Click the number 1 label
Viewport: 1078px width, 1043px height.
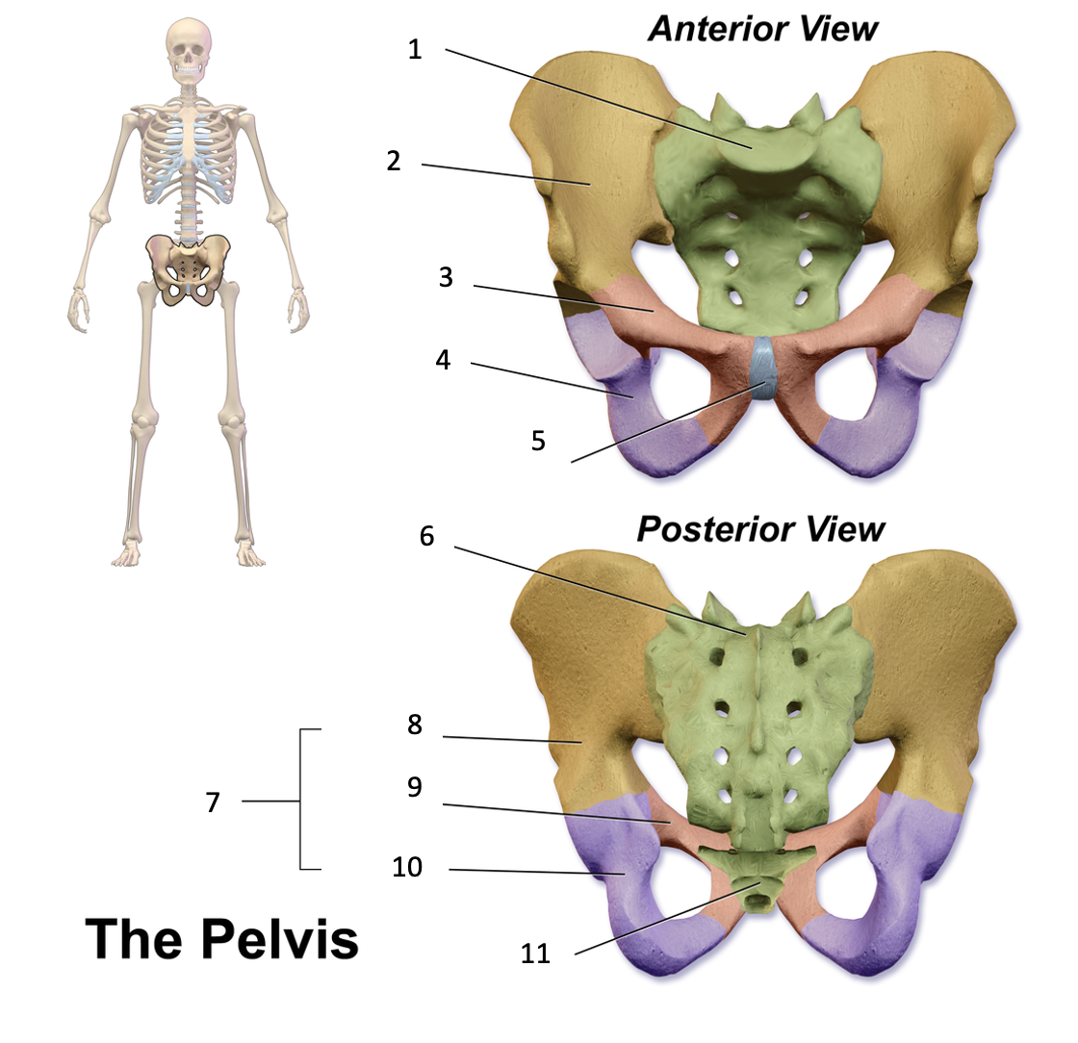(x=415, y=49)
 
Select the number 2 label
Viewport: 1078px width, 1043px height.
(x=393, y=161)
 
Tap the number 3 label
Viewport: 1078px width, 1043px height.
(x=446, y=278)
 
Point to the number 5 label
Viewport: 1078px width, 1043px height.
(x=538, y=441)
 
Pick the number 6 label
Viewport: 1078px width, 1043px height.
(x=426, y=537)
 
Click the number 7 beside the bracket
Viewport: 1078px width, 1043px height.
(x=213, y=801)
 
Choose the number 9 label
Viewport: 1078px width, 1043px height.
(x=415, y=787)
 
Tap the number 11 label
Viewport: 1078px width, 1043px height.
(x=535, y=954)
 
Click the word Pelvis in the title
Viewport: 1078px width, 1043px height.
(x=279, y=938)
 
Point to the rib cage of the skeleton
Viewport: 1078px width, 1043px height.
(x=189, y=154)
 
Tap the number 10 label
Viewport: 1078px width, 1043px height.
(x=407, y=868)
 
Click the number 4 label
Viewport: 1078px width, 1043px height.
(x=443, y=361)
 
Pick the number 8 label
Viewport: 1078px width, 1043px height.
(x=415, y=725)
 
